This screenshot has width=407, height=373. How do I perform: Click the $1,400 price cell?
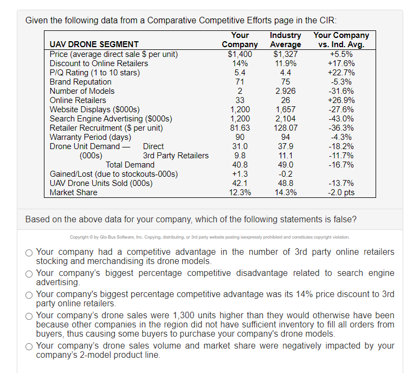coord(240,54)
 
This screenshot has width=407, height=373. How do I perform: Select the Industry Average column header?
coord(286,40)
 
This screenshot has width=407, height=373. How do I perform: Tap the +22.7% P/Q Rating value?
coord(341,72)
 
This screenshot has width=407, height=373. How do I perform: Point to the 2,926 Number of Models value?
coord(286,91)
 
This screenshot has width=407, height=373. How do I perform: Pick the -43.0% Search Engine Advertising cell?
coord(341,118)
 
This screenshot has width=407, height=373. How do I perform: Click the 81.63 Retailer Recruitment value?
coord(240,127)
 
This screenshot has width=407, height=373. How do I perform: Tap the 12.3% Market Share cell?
coord(240,192)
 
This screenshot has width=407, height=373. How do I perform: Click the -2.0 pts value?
coord(341,192)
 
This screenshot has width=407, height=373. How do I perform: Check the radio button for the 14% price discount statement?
coord(29,295)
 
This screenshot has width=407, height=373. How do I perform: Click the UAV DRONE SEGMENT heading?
coord(94,44)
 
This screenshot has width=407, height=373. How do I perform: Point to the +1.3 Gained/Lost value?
coord(240,173)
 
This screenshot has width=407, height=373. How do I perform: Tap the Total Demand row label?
coord(130,164)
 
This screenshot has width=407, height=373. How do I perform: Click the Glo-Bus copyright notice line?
coord(210,237)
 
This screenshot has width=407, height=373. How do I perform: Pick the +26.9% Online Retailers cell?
coord(341,100)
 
